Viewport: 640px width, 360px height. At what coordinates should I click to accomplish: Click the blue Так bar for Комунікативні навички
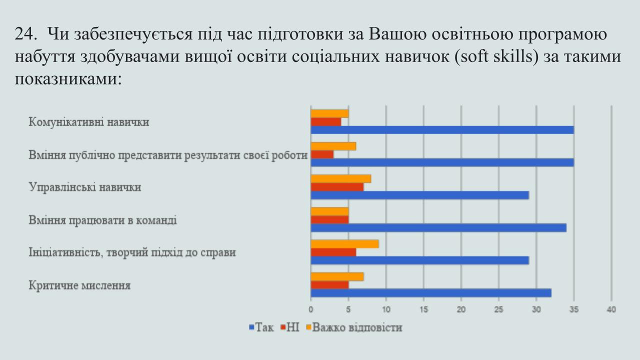click(442, 130)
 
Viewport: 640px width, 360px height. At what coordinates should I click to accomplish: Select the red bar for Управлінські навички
click(337, 187)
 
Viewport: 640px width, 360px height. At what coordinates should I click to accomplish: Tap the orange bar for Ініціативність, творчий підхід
click(345, 244)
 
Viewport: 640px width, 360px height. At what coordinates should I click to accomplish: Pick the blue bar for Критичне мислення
click(431, 293)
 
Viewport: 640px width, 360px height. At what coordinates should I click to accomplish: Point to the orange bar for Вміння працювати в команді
click(329, 211)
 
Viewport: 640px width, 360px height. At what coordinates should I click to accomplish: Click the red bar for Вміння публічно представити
click(322, 154)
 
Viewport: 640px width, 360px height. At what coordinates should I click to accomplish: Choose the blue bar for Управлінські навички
click(420, 195)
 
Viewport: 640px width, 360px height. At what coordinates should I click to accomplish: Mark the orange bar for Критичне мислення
click(337, 276)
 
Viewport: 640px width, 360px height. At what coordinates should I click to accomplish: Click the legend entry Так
click(261, 327)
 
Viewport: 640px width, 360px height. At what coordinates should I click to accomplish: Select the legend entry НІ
click(290, 327)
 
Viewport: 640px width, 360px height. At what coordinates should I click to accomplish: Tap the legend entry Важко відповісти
click(354, 327)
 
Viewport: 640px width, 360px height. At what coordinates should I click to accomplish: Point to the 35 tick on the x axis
click(574, 309)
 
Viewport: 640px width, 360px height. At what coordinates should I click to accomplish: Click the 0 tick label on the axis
click(311, 309)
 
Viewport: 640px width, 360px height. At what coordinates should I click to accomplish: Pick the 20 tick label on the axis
click(461, 309)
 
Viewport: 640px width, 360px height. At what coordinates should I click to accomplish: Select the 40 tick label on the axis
click(611, 309)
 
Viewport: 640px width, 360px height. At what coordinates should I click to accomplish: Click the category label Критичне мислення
click(79, 285)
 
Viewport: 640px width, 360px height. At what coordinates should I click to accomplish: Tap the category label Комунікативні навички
click(89, 122)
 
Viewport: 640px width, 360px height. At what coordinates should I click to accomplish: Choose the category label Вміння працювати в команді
click(102, 220)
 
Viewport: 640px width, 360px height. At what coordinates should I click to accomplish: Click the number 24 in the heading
click(25, 34)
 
